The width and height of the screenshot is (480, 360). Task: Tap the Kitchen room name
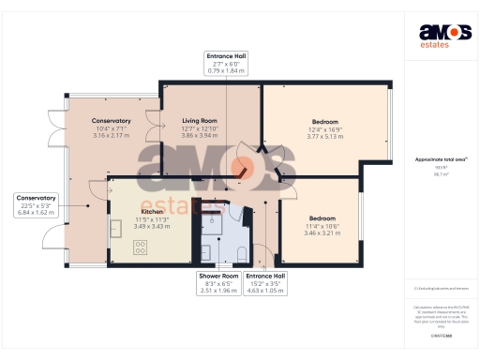point(126,213)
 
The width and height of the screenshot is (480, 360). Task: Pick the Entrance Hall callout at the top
point(227,64)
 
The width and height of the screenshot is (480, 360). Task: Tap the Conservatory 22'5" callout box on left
point(37,204)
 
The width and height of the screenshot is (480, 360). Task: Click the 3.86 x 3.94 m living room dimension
point(199,136)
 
